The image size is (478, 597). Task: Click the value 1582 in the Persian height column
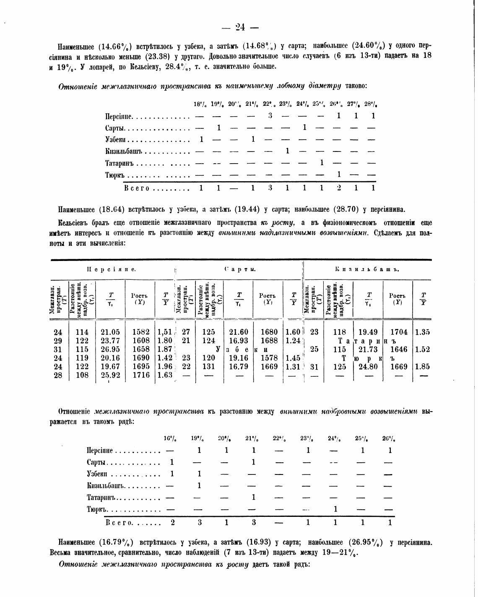click(x=141, y=332)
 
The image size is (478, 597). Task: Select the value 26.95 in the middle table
click(x=110, y=349)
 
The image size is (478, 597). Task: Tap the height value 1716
click(x=141, y=375)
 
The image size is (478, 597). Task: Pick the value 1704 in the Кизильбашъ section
click(x=398, y=332)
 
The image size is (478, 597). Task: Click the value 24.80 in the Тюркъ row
click(x=368, y=366)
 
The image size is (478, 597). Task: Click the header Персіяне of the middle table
click(x=111, y=269)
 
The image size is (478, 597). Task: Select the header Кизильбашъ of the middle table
click(x=367, y=269)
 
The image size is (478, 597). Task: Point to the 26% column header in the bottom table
click(x=390, y=439)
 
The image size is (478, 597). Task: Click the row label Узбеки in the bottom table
click(x=97, y=474)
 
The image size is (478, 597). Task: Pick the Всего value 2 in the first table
click(x=339, y=188)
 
